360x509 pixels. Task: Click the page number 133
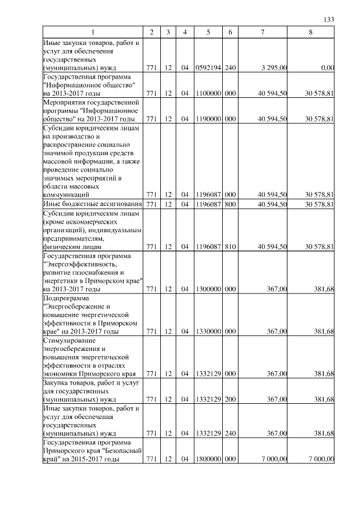(330, 20)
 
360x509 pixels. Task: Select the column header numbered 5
(209, 32)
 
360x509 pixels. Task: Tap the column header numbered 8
(310, 32)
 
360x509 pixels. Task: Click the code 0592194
(209, 68)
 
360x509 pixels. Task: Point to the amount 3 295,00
(275, 68)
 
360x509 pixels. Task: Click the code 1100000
(209, 93)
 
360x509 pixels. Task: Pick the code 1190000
(209, 119)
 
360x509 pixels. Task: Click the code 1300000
(209, 289)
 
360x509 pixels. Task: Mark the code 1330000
(209, 332)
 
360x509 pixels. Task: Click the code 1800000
(209, 460)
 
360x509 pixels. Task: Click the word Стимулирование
(69, 341)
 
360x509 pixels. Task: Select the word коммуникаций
(67, 195)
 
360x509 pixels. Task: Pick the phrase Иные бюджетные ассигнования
(93, 204)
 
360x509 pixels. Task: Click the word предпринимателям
(78, 238)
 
